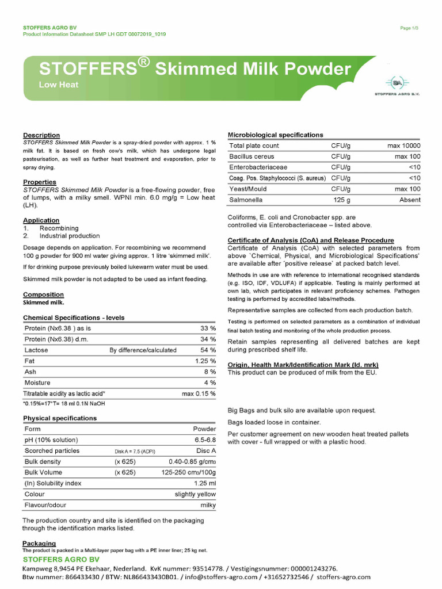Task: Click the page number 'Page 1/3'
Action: tap(410, 28)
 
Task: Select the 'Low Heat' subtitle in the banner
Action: tap(59, 85)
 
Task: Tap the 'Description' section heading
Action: tap(41, 135)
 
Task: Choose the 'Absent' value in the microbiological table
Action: tap(410, 200)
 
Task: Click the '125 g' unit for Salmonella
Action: tap(342, 200)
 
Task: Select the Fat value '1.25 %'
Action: tap(205, 361)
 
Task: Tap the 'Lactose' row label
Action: tap(36, 350)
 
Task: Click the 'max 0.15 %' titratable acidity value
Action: tap(199, 393)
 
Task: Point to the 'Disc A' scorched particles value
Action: tap(206, 451)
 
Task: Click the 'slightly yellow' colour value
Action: tap(195, 494)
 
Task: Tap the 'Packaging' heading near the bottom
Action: tap(39, 543)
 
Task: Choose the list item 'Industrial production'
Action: tap(70, 236)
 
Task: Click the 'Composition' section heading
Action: tap(43, 294)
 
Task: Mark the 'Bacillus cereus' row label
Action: tap(252, 156)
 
